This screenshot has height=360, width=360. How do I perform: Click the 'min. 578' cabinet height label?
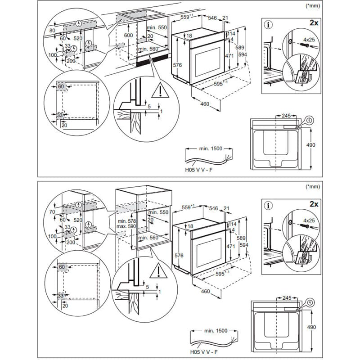(x=126, y=221)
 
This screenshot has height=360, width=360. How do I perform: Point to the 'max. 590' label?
(x=126, y=227)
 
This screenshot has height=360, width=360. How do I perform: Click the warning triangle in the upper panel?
(x=158, y=92)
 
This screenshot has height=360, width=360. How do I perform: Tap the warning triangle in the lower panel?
(x=158, y=271)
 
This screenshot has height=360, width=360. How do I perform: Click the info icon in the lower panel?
(x=269, y=205)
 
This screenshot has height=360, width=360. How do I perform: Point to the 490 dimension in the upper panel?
(x=310, y=145)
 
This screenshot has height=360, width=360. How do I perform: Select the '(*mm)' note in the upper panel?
(x=312, y=6)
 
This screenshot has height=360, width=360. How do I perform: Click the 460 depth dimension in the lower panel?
(x=205, y=292)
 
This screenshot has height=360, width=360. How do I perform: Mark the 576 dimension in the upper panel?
(x=177, y=65)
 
